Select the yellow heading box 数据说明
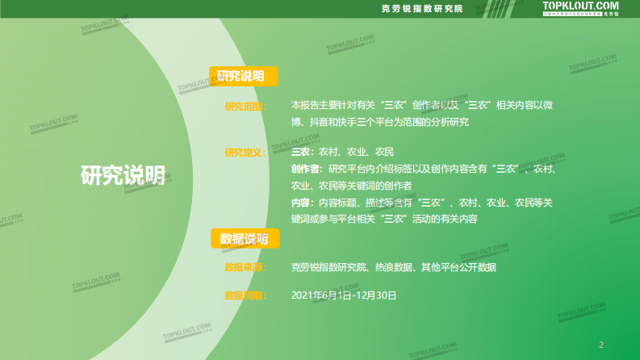pos(245,238)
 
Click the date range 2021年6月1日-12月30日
pos(344,295)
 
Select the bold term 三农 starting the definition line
pos(301,153)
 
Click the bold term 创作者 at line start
pos(307,169)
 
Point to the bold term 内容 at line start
pos(301,202)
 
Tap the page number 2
pos(601,342)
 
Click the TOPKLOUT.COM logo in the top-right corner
pos(580,8)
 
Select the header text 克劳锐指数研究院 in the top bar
pos(422,9)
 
